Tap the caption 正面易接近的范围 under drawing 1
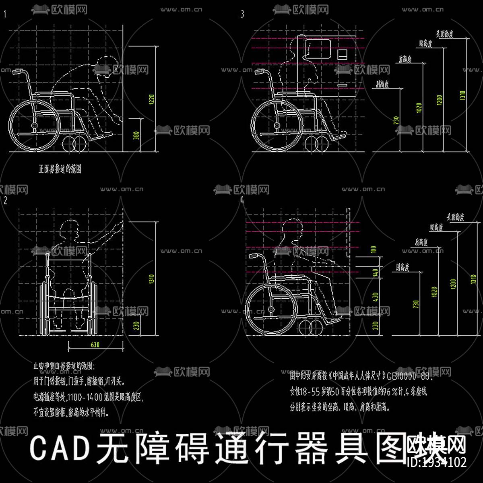(x=60, y=169)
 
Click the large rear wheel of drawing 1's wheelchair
(x=34, y=126)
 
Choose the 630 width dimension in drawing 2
(x=95, y=345)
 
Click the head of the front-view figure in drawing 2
(x=68, y=231)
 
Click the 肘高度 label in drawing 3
(x=382, y=84)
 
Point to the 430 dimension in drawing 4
(x=376, y=297)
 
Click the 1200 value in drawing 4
(x=454, y=284)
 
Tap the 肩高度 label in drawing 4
(x=421, y=242)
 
